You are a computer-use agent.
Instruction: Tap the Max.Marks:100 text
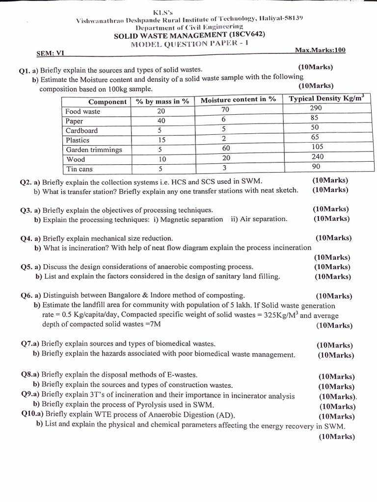click(x=321, y=50)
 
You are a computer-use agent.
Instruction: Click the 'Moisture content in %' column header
click(x=239, y=100)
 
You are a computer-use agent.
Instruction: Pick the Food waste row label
click(x=82, y=111)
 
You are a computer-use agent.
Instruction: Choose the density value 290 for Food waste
click(x=316, y=108)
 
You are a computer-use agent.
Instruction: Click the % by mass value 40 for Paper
click(x=161, y=121)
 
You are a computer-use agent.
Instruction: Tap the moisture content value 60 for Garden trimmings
click(x=226, y=148)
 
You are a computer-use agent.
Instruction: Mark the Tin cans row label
click(x=79, y=169)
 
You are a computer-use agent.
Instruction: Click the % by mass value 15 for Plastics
click(x=161, y=140)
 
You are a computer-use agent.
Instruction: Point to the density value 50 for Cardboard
click(x=315, y=128)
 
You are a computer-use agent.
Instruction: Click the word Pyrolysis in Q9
click(x=149, y=405)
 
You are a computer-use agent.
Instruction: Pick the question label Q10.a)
click(x=32, y=414)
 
